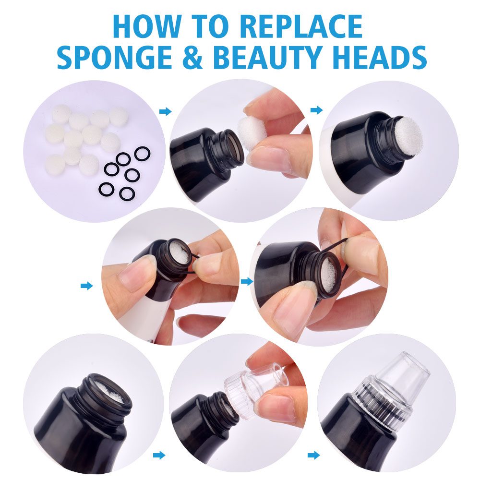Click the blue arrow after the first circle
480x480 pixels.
(165, 111)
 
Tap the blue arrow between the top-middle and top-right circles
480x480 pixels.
(316, 110)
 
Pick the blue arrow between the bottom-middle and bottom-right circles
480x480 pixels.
(313, 455)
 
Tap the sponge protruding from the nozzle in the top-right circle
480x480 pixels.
(408, 133)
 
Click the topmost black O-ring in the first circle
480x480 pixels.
(142, 153)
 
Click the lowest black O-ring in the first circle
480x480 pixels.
(127, 194)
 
